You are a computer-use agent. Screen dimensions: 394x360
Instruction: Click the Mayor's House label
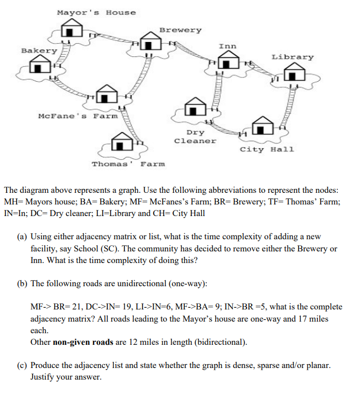[x=96, y=12]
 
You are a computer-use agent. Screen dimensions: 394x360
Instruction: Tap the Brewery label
[x=180, y=30]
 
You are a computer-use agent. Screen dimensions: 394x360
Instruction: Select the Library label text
[x=293, y=57]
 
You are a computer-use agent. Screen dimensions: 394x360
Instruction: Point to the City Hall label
[x=267, y=149]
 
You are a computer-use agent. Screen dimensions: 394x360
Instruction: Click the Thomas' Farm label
[x=128, y=164]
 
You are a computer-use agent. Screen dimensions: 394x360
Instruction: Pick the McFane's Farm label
[x=78, y=116]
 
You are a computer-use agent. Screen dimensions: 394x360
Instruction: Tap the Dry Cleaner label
[x=195, y=136]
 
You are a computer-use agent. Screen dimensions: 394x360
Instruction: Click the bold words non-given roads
[x=84, y=342]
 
